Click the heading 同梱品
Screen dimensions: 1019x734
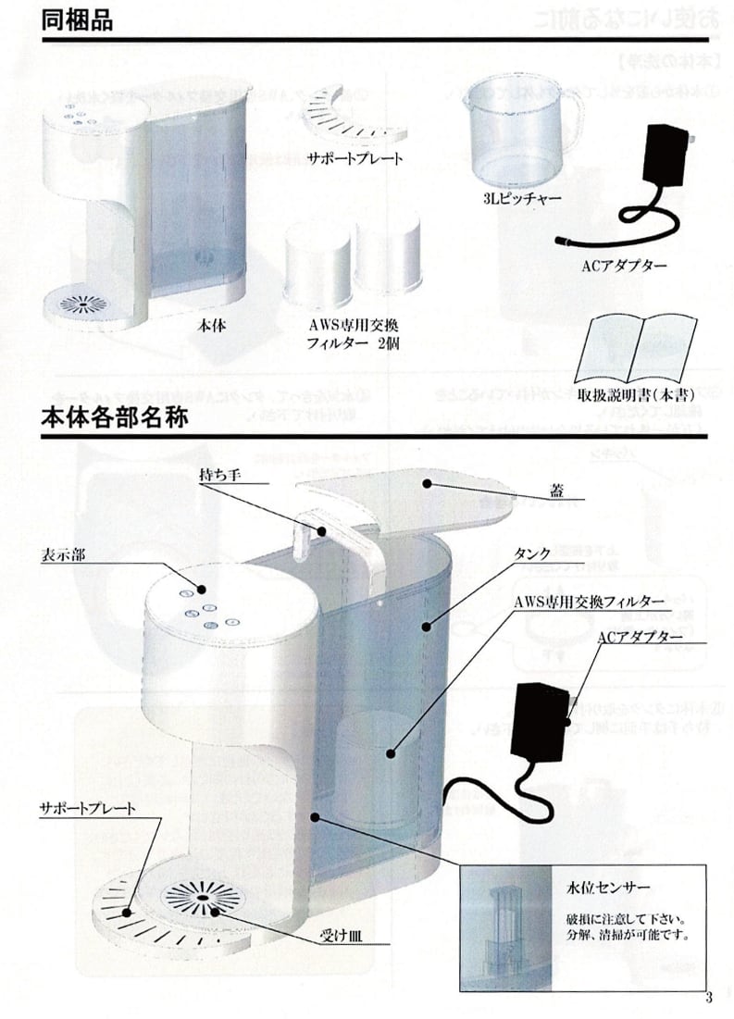(77, 19)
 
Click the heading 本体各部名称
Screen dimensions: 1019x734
(116, 417)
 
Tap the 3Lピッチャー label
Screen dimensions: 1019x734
(512, 199)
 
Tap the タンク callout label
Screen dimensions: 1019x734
(532, 553)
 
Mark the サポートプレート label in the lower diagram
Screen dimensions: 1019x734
(87, 808)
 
